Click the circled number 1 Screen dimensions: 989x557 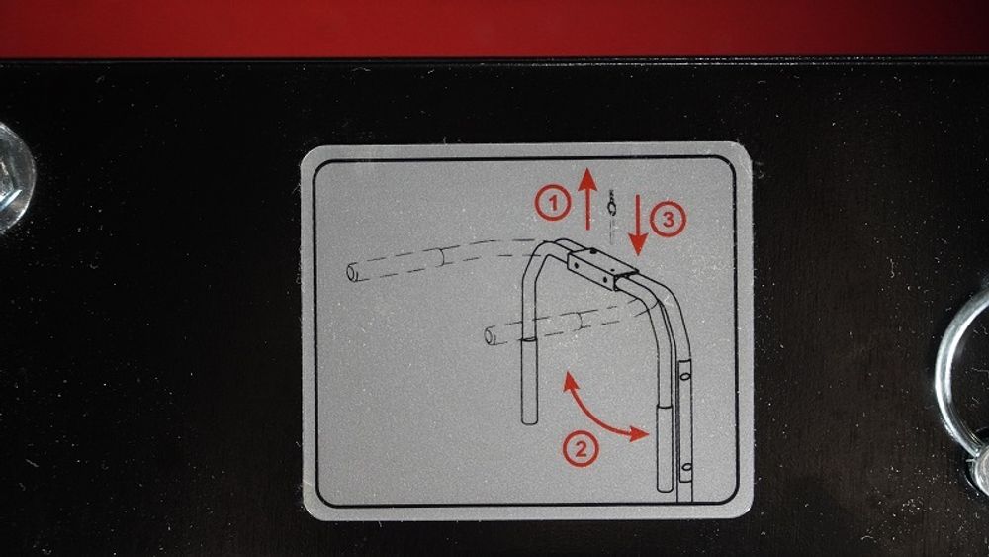pyautogui.click(x=553, y=204)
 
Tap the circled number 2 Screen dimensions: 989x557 pyautogui.click(x=581, y=448)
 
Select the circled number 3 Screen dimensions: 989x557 pyautogui.click(x=668, y=219)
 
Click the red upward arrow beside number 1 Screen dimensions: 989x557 pyautogui.click(x=587, y=199)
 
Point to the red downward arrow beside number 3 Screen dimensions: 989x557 pyautogui.click(x=638, y=225)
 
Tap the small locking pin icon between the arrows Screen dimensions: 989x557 pyautogui.click(x=611, y=213)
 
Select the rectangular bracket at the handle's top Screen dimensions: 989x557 pyautogui.click(x=601, y=268)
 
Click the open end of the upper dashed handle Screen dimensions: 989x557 pyautogui.click(x=352, y=272)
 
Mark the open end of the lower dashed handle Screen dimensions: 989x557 pyautogui.click(x=490, y=336)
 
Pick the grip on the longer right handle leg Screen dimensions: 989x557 pyautogui.click(x=665, y=448)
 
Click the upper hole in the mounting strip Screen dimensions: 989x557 pyautogui.click(x=685, y=376)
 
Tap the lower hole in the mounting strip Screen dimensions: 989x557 pyautogui.click(x=686, y=468)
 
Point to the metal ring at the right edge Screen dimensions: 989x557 pyautogui.click(x=946, y=379)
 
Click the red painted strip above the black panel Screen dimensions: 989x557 pyautogui.click(x=494, y=29)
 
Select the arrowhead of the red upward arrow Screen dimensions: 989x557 pyautogui.click(x=587, y=181)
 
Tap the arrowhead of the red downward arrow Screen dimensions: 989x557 pyautogui.click(x=638, y=243)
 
